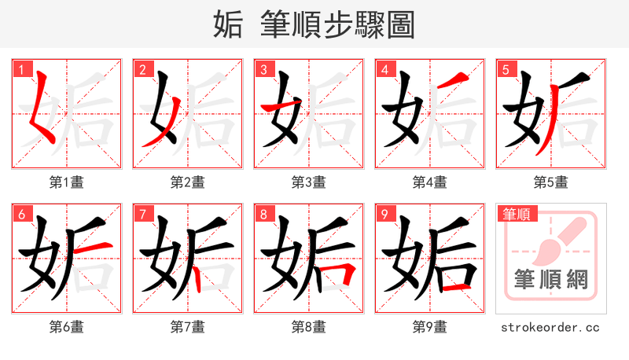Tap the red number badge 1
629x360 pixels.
click(x=20, y=69)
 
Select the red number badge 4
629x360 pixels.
click(x=384, y=69)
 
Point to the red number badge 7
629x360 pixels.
click(x=142, y=214)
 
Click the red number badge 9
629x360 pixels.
click(x=384, y=214)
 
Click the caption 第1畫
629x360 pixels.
click(x=67, y=182)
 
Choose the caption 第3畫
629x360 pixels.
click(x=308, y=182)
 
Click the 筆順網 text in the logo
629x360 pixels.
click(x=550, y=280)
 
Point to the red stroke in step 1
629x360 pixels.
click(x=39, y=110)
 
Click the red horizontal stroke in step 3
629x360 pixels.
click(x=279, y=108)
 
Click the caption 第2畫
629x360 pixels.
click(x=187, y=182)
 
